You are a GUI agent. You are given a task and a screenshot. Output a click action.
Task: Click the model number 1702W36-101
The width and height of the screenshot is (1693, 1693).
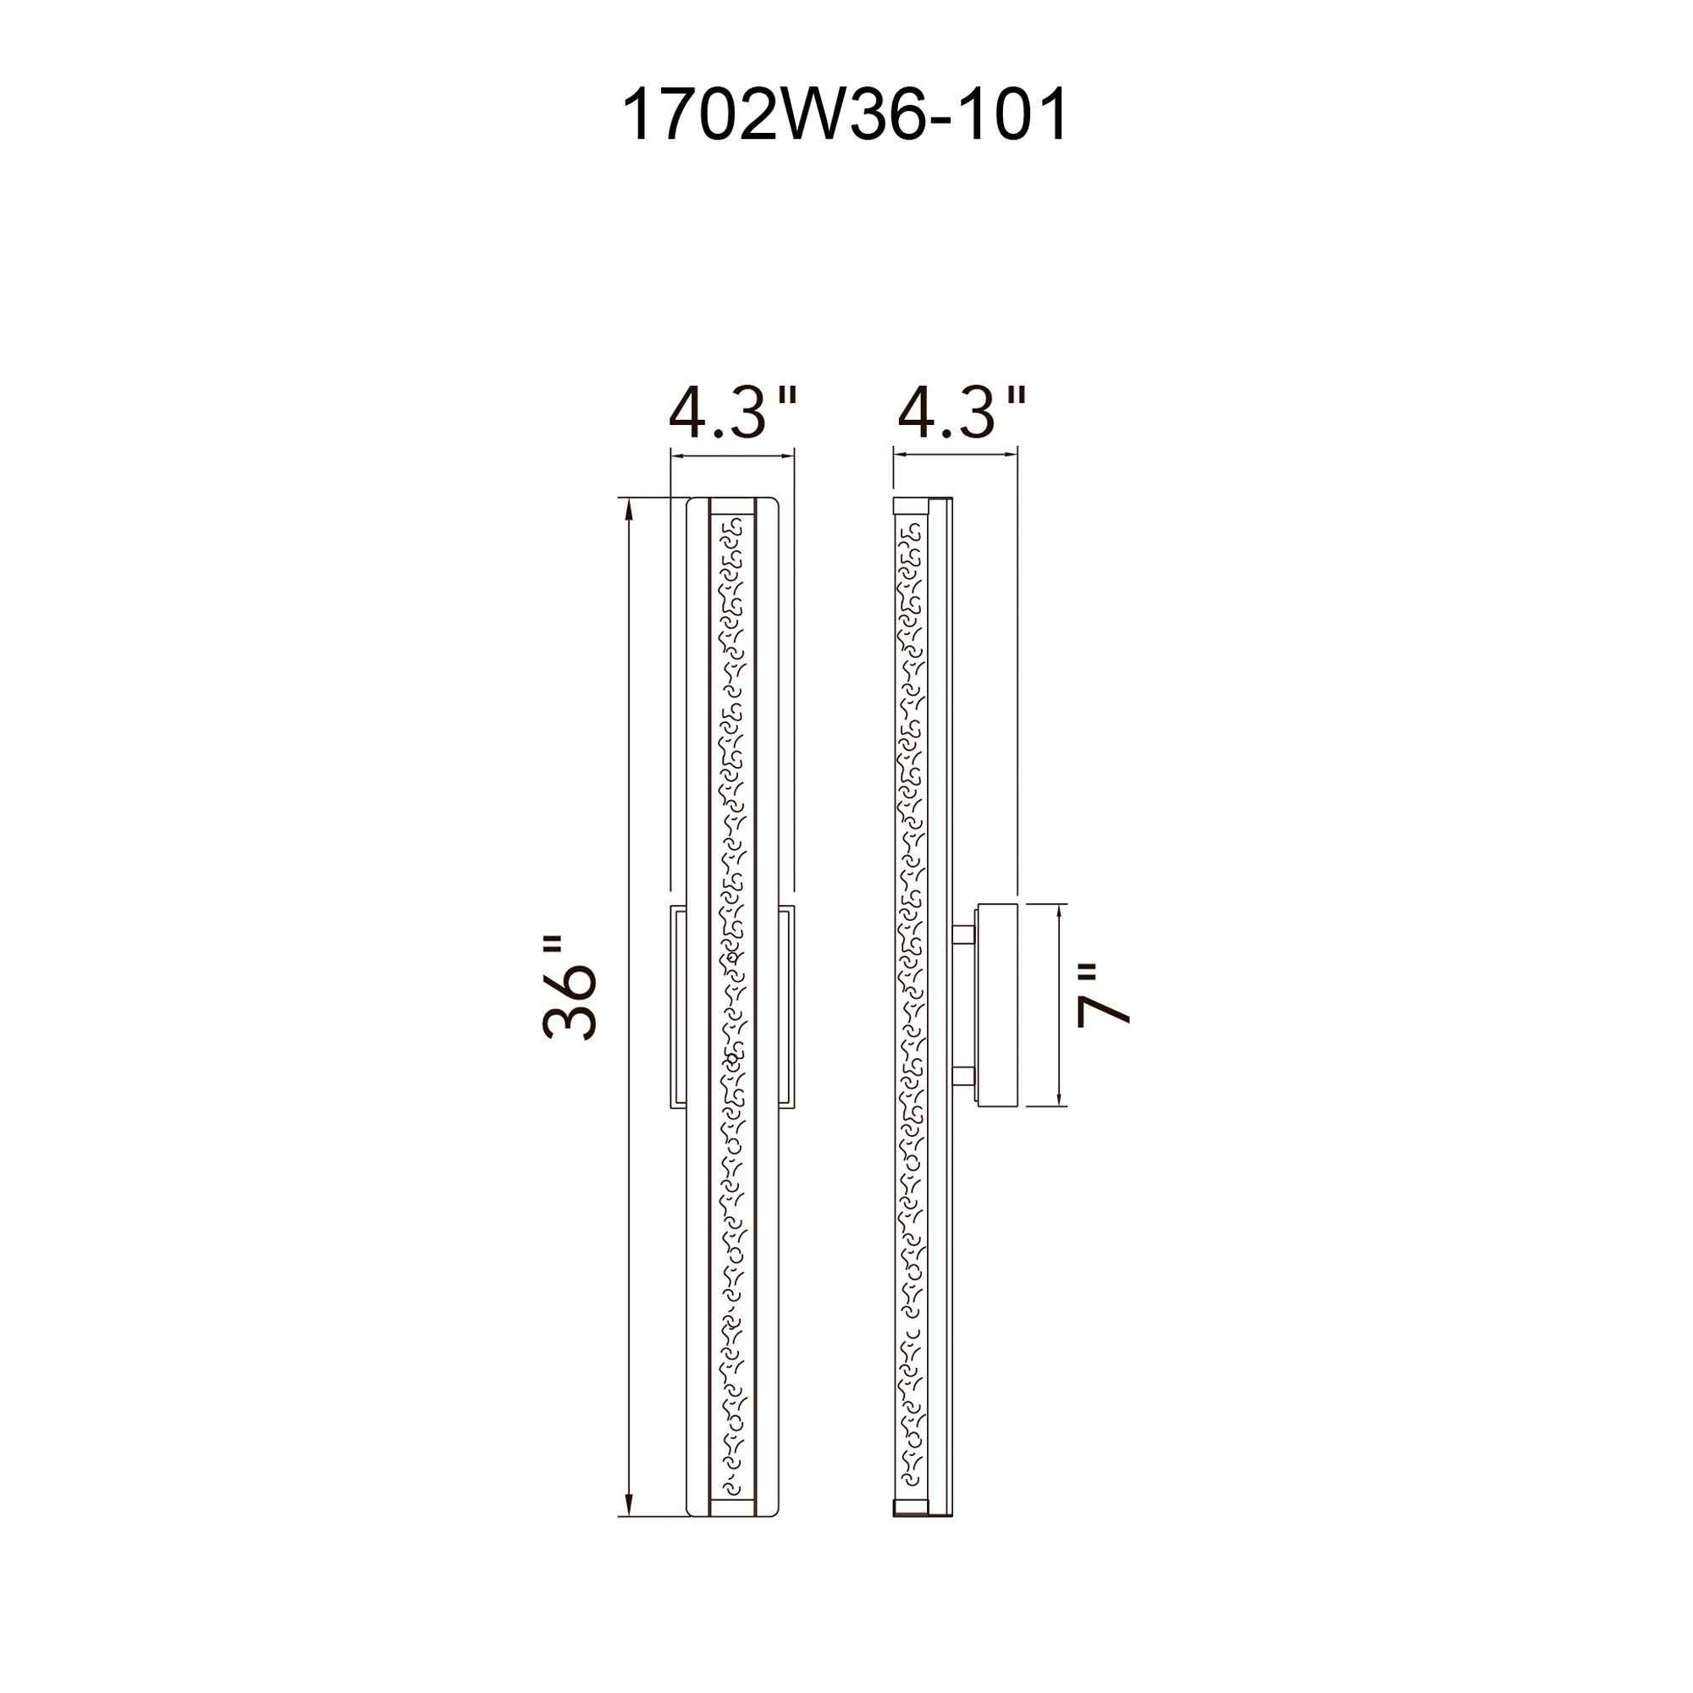click(845, 115)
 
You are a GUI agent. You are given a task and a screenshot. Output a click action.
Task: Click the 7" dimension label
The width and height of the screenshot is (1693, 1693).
click(1102, 996)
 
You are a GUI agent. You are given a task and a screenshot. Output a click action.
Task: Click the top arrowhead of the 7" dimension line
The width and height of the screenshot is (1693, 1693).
click(1061, 912)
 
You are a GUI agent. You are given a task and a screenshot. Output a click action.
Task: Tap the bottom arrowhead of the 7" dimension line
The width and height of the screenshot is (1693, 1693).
click(1061, 1100)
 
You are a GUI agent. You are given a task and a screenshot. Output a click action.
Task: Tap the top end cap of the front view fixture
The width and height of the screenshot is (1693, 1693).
click(731, 506)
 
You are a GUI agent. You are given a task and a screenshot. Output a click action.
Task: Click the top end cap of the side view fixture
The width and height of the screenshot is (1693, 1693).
click(911, 505)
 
